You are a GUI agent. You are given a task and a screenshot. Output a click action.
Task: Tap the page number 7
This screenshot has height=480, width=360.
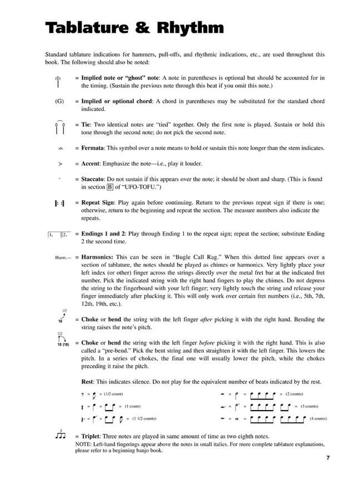click(x=328, y=458)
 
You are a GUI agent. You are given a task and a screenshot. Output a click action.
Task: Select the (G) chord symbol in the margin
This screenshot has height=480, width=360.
click(x=60, y=102)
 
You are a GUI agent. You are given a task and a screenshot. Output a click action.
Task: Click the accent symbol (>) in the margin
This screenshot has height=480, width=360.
click(x=60, y=164)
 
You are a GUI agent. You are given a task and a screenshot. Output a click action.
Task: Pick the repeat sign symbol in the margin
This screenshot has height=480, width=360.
click(x=60, y=204)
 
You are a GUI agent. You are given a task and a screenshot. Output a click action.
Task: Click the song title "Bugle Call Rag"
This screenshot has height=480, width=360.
click(x=196, y=258)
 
